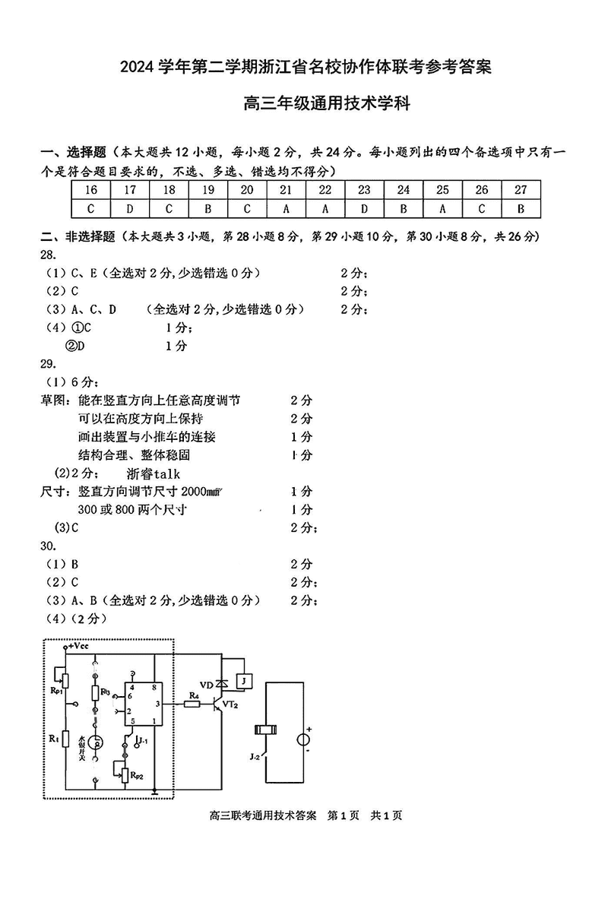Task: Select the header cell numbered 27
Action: [x=521, y=190]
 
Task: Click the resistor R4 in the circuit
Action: [x=194, y=704]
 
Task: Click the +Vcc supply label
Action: [x=79, y=646]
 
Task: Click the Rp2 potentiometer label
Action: [x=138, y=774]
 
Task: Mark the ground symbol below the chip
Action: [x=154, y=793]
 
